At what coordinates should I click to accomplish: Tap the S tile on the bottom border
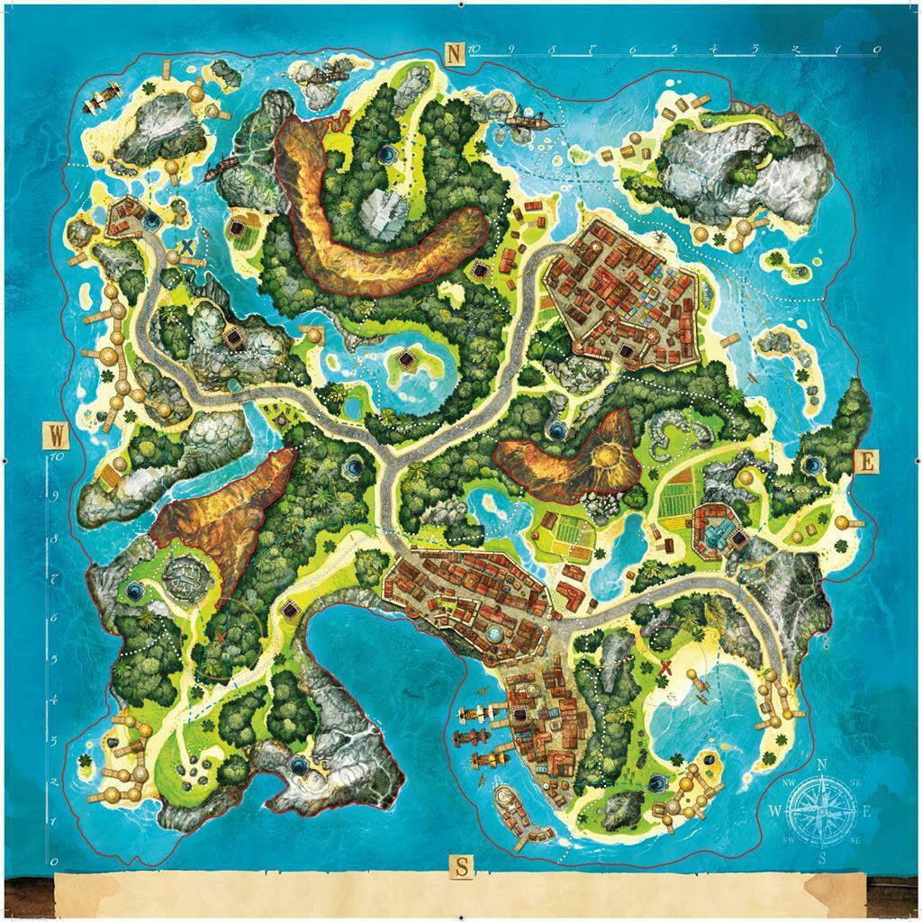pos(461,867)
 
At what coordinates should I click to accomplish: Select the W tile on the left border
pos(56,436)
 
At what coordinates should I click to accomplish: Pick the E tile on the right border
pos(866,462)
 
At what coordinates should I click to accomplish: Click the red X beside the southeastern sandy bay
pos(666,667)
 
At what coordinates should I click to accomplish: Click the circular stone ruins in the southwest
pos(190,574)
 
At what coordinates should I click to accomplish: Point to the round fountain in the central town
pos(493,634)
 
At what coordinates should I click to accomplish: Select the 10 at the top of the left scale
pos(54,456)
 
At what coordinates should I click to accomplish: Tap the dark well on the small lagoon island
pos(407,361)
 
